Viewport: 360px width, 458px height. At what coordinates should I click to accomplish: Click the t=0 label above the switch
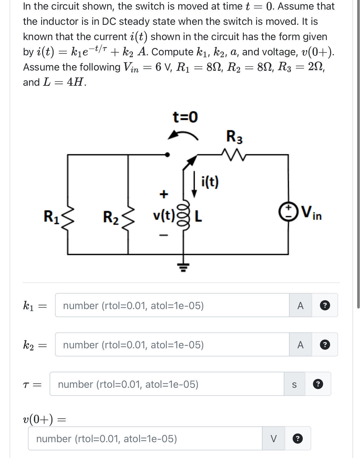(185, 117)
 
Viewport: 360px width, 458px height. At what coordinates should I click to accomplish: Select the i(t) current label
(210, 182)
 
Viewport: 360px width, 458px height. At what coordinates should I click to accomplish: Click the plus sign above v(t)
(164, 194)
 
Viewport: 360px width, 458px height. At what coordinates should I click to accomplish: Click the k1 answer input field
(172, 305)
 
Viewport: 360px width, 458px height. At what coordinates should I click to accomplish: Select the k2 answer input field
(172, 345)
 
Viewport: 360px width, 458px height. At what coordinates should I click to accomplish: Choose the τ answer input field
(167, 384)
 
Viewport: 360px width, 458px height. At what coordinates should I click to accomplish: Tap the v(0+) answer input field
(145, 439)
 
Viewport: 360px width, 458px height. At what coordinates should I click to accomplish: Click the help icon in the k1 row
(325, 305)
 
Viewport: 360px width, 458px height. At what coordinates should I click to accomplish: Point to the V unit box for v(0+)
(273, 439)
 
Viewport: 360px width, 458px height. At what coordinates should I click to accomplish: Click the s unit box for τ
(294, 384)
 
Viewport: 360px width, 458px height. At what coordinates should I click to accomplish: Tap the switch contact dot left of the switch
(167, 155)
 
